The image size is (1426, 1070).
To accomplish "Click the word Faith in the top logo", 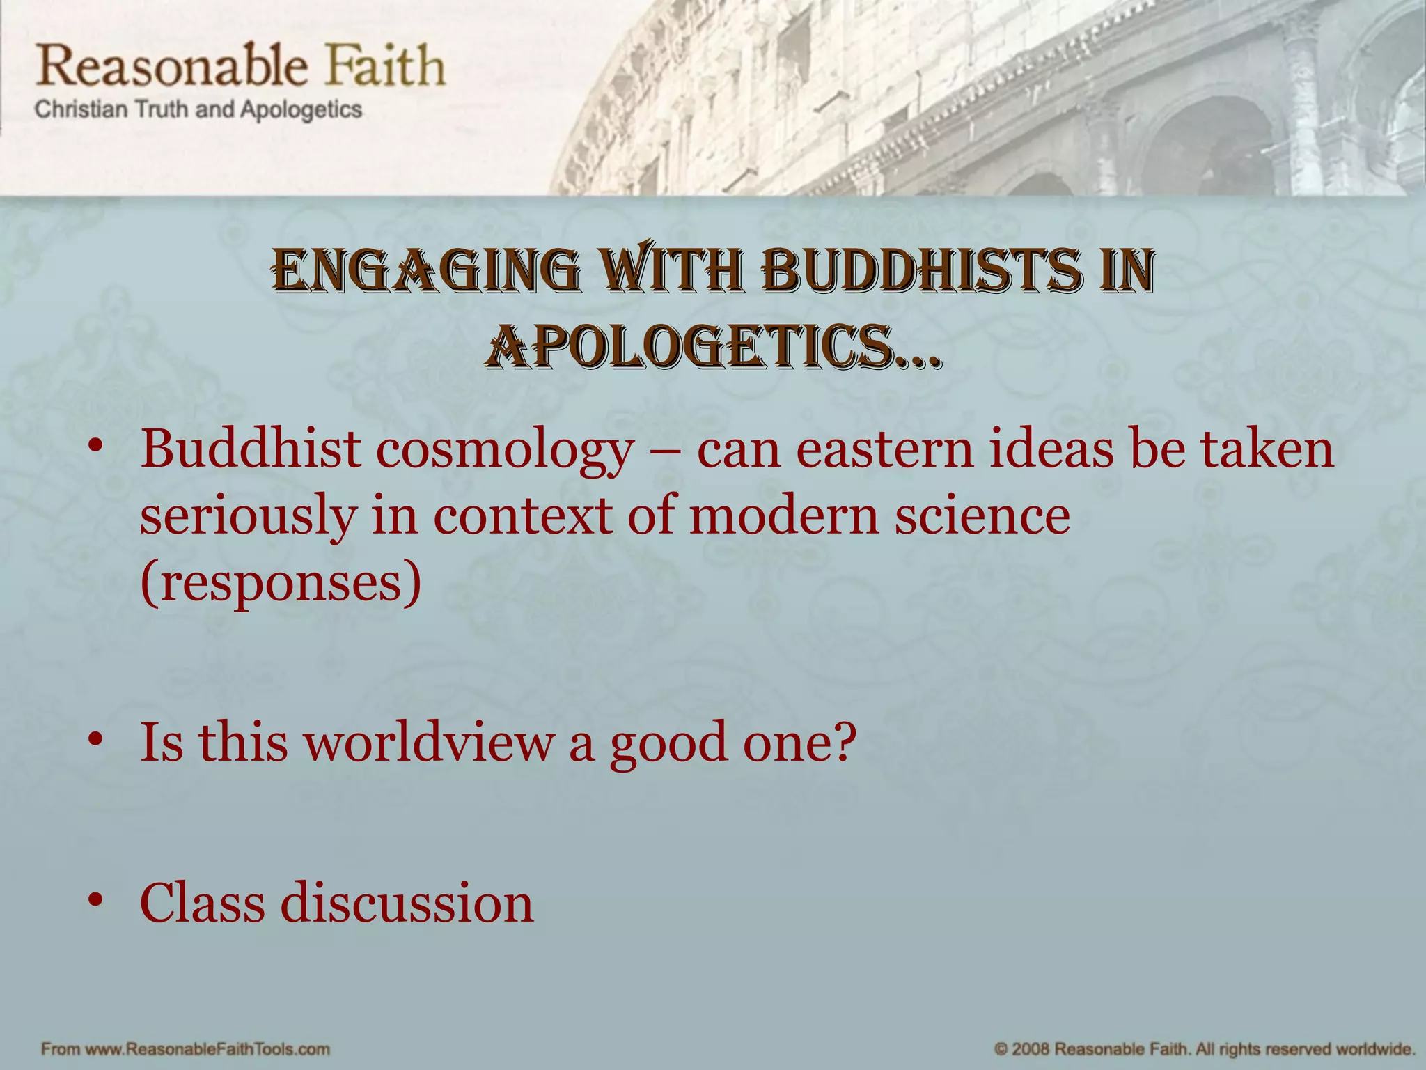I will click(x=386, y=66).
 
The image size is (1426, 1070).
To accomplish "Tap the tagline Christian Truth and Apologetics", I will click(x=198, y=110).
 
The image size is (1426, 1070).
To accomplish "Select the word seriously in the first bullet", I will click(x=247, y=517).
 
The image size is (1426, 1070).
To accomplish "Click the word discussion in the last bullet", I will click(x=407, y=902).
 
